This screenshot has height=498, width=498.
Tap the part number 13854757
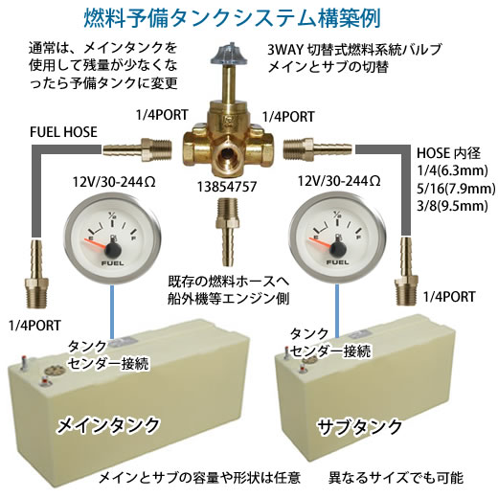(x=227, y=187)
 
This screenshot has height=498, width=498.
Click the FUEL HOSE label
(x=63, y=132)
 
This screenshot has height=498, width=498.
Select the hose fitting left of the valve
(x=138, y=149)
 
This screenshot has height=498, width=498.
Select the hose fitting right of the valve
(x=318, y=148)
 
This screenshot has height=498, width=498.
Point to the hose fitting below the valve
(x=227, y=232)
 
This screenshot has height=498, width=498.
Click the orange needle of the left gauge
(x=96, y=243)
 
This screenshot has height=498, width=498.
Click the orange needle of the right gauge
(x=320, y=243)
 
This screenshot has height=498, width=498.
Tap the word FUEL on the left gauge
(x=113, y=263)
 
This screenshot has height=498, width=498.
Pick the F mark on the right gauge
(x=359, y=238)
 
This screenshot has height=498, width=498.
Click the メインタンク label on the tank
(x=108, y=425)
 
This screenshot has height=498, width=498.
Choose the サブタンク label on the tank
(x=360, y=427)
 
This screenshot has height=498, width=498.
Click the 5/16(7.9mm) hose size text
(x=456, y=188)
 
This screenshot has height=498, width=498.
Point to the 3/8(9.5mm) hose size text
(x=452, y=205)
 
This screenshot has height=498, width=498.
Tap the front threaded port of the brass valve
(x=227, y=153)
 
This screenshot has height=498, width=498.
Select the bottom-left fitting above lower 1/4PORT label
(x=36, y=274)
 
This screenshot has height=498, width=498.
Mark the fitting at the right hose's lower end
(x=405, y=271)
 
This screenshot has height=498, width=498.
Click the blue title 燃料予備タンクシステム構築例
(x=232, y=18)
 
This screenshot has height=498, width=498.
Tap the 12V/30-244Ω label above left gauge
(x=114, y=182)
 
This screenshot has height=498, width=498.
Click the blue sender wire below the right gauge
(x=337, y=310)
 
